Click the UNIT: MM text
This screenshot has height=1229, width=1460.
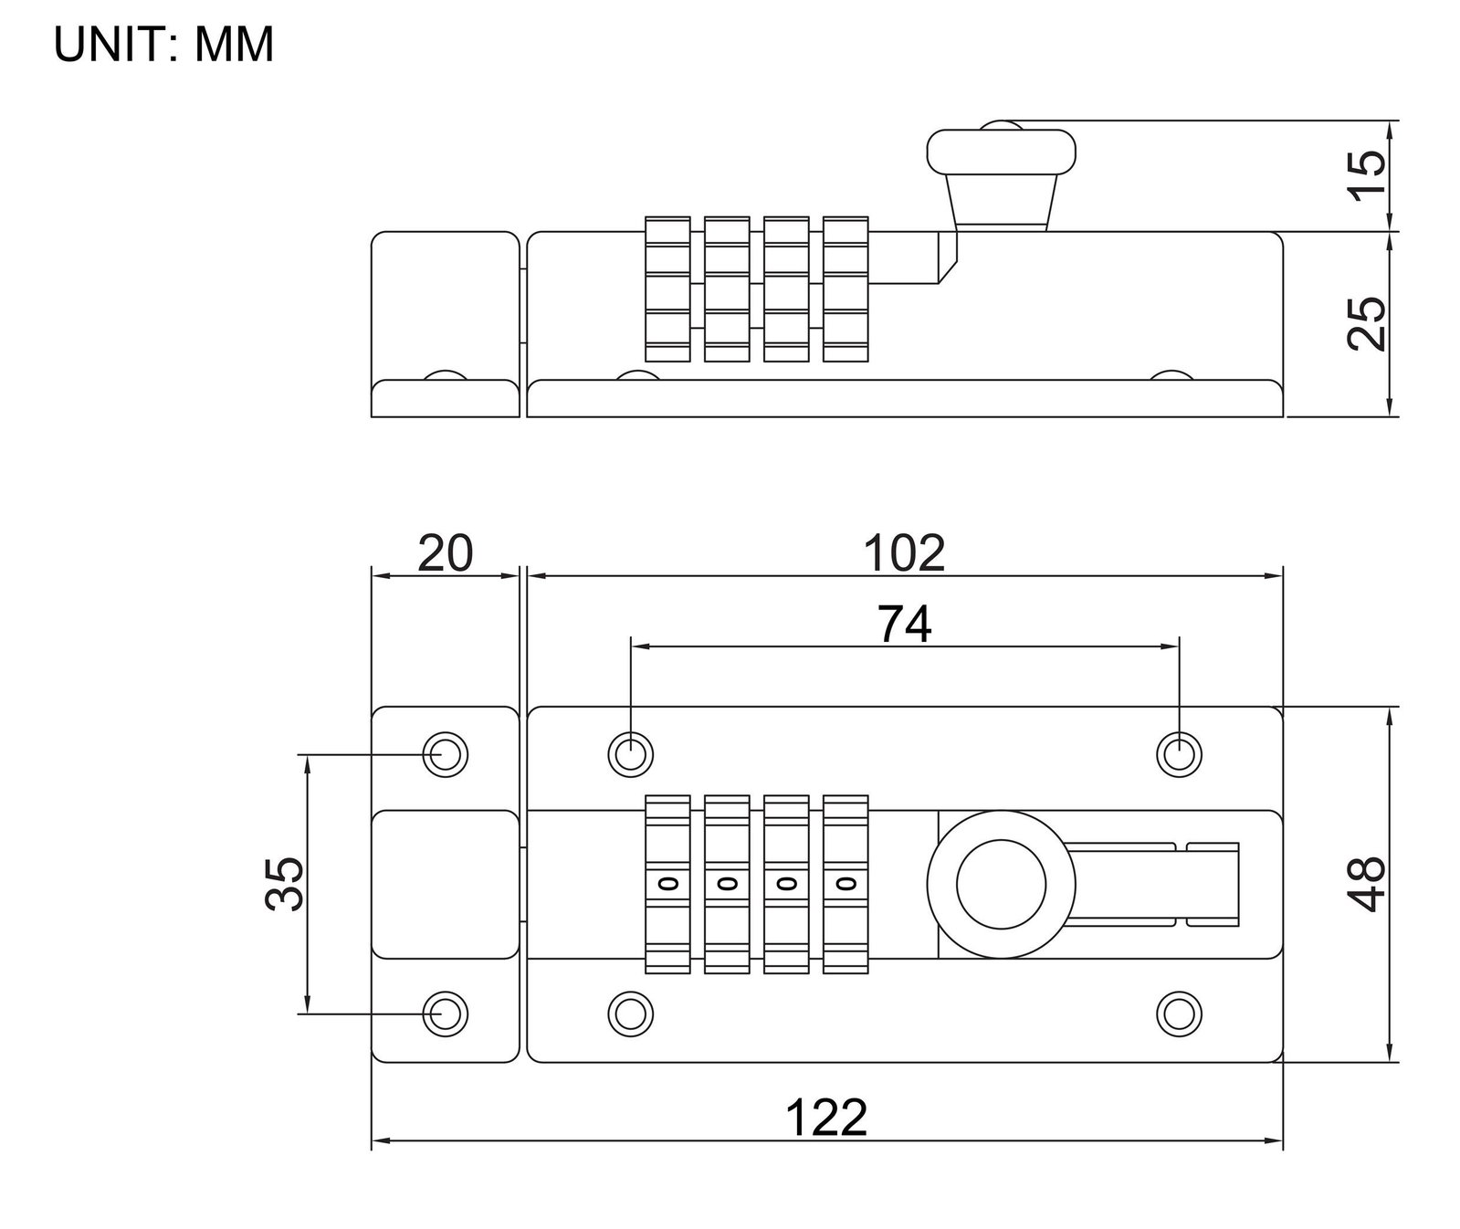[164, 45]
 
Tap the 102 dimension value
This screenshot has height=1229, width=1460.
[905, 552]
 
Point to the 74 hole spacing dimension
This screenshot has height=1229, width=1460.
[905, 625]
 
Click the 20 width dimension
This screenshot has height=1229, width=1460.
[446, 552]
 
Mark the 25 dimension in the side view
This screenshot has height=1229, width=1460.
[1366, 323]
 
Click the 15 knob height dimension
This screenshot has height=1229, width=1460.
[1366, 175]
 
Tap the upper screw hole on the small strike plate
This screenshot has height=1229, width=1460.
[446, 755]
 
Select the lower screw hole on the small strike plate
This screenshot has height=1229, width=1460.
[446, 1013]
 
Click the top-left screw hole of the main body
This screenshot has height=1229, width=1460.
[631, 755]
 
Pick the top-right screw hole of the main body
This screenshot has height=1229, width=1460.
[1179, 755]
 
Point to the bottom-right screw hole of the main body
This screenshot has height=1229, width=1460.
[1179, 1013]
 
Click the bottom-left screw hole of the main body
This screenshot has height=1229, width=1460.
[631, 1013]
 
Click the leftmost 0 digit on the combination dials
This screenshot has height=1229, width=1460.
[667, 884]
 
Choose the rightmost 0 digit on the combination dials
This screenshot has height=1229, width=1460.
[846, 884]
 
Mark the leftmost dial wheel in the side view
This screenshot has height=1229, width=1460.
[667, 289]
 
